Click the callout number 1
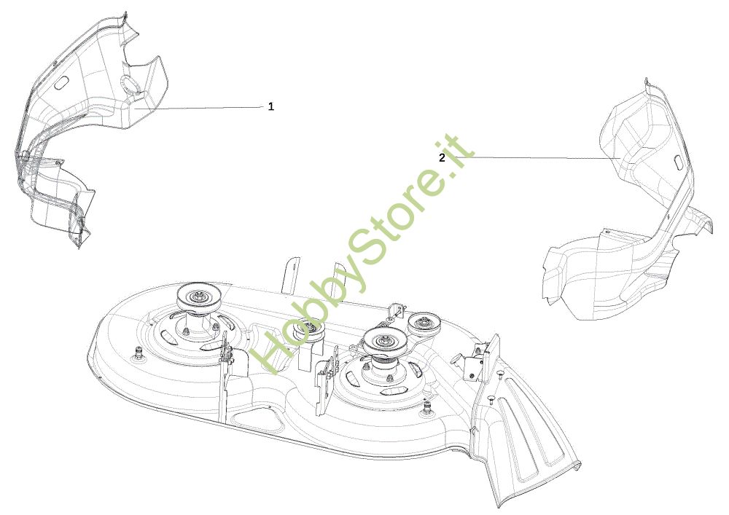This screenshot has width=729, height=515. point(271,107)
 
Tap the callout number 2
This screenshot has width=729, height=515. point(442,158)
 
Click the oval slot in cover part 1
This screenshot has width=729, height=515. point(61,84)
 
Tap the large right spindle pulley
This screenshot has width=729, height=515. point(383,342)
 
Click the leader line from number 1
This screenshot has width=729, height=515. point(199,108)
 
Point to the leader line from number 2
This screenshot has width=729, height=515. point(534,158)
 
